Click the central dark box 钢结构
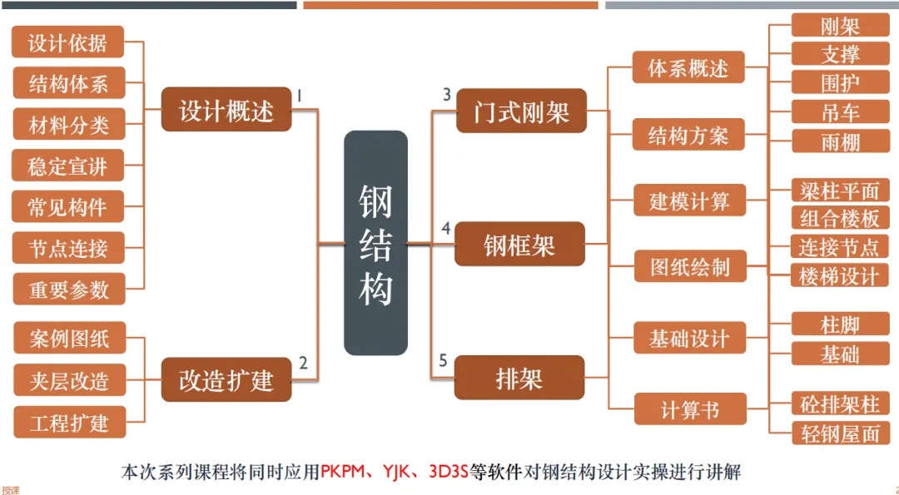coord(375,243)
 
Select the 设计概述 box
coord(226,110)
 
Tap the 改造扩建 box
coord(226,379)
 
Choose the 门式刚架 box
coord(522,111)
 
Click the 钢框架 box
coord(519,245)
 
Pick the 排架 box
coord(519,378)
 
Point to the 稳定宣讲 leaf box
coord(68,166)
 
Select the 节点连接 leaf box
coord(68,247)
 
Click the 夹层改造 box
coord(70,381)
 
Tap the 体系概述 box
coord(688,69)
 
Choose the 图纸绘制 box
coord(689,266)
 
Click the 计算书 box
coord(689,409)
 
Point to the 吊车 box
coord(840,112)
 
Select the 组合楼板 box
coord(840,218)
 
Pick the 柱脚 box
coord(840,324)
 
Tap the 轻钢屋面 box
coord(840,433)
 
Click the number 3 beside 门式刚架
coord(447,94)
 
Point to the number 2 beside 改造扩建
coord(303,363)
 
